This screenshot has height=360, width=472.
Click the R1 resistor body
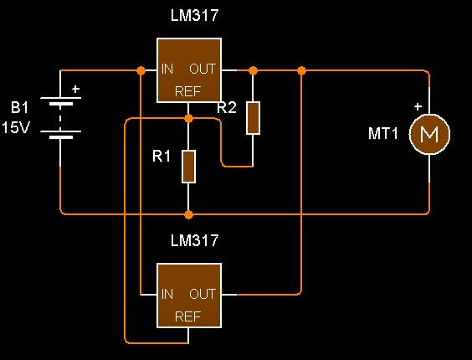[x=188, y=167]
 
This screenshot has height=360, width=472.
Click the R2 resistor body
[x=254, y=118]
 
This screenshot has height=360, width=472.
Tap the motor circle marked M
[x=429, y=134]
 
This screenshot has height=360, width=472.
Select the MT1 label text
[x=383, y=133]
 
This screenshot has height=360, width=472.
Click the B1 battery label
[x=19, y=107]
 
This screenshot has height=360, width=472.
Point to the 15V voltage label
[x=16, y=127]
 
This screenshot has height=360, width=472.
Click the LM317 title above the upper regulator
[x=194, y=15]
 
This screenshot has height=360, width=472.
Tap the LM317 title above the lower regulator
[x=194, y=240]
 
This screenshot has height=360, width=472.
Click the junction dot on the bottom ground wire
[x=188, y=215]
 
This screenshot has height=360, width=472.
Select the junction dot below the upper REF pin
[x=188, y=118]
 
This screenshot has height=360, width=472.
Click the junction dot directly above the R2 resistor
[x=254, y=71]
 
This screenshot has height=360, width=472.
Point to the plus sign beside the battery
[x=75, y=90]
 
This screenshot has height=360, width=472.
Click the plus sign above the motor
[x=418, y=106]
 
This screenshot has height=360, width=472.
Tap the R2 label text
[x=227, y=107]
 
